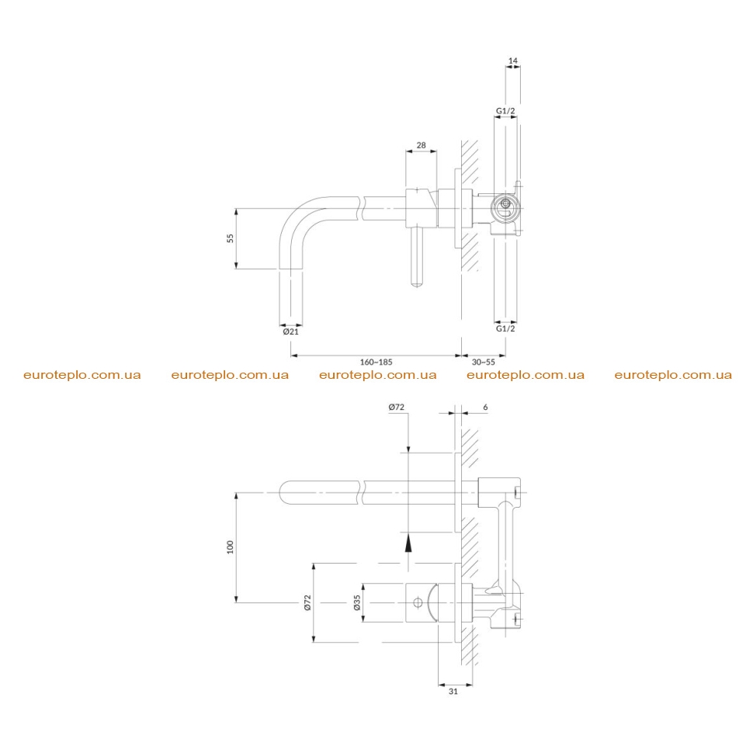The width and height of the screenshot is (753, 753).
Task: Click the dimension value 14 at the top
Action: click(513, 61)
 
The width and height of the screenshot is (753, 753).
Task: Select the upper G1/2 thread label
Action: click(505, 111)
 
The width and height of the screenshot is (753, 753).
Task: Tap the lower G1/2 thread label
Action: click(505, 328)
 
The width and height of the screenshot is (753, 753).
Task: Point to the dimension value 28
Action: click(422, 145)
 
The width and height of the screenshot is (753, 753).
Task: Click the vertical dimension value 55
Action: click(230, 238)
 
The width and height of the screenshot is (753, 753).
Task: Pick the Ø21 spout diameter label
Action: click(290, 331)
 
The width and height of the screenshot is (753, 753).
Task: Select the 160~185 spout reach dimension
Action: click(376, 362)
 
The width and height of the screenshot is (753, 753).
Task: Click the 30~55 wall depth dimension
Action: click(483, 362)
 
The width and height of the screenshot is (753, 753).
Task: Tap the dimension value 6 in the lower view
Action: click(485, 408)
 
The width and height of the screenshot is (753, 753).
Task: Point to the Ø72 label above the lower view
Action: click(396, 408)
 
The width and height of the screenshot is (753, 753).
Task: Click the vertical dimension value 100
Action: click(230, 547)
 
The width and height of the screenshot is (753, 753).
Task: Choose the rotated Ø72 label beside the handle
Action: click(307, 602)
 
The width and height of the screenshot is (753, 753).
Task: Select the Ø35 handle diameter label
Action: click(356, 602)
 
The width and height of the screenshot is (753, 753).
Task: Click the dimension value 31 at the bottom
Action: click(453, 692)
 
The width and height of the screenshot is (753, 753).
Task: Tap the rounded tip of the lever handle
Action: click(417, 283)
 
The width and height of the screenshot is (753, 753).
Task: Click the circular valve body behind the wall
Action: click(505, 209)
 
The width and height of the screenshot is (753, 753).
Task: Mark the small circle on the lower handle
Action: click(418, 602)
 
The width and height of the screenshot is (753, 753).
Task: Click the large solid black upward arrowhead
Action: click(408, 543)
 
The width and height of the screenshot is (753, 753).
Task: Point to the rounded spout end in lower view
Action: click(284, 492)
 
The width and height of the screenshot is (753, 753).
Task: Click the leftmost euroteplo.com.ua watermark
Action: click(82, 375)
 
